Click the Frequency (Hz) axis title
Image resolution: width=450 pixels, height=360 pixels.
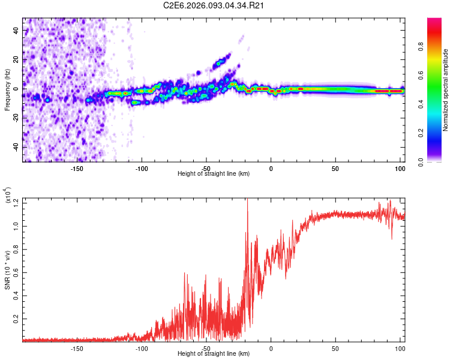7,89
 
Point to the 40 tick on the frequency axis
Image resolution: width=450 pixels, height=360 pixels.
17,31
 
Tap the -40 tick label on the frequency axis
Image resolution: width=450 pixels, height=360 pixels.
16,147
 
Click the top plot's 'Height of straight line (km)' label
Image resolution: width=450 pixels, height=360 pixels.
214,173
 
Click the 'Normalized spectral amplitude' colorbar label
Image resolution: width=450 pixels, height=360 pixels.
445,90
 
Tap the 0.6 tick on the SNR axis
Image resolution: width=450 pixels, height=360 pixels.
16,272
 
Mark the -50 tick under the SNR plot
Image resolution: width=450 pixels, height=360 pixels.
206,347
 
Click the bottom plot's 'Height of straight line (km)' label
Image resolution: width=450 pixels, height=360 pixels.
214,354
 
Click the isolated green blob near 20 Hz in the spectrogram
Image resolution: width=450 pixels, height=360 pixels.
223,60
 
